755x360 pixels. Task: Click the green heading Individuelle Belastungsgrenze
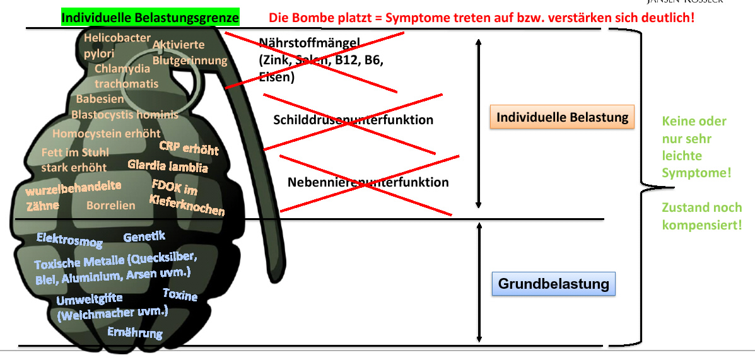coord(150,16)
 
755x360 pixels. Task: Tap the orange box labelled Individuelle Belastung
coord(562,117)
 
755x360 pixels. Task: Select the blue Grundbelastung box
coord(553,284)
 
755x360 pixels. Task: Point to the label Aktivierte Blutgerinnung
coord(189,53)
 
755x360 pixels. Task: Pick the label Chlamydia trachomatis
coord(126,76)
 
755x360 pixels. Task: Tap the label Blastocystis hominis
coord(124,115)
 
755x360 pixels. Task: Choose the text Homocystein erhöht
coord(106,134)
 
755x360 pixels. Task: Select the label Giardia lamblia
coord(167,166)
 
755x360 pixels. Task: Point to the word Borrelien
coord(111,206)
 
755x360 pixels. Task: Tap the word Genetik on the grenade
coord(144,237)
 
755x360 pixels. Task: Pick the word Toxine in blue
coord(180,295)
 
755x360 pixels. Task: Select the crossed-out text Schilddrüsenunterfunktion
coord(353,120)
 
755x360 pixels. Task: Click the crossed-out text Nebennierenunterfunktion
coord(368,182)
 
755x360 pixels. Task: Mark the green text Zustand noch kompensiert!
coord(701,216)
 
